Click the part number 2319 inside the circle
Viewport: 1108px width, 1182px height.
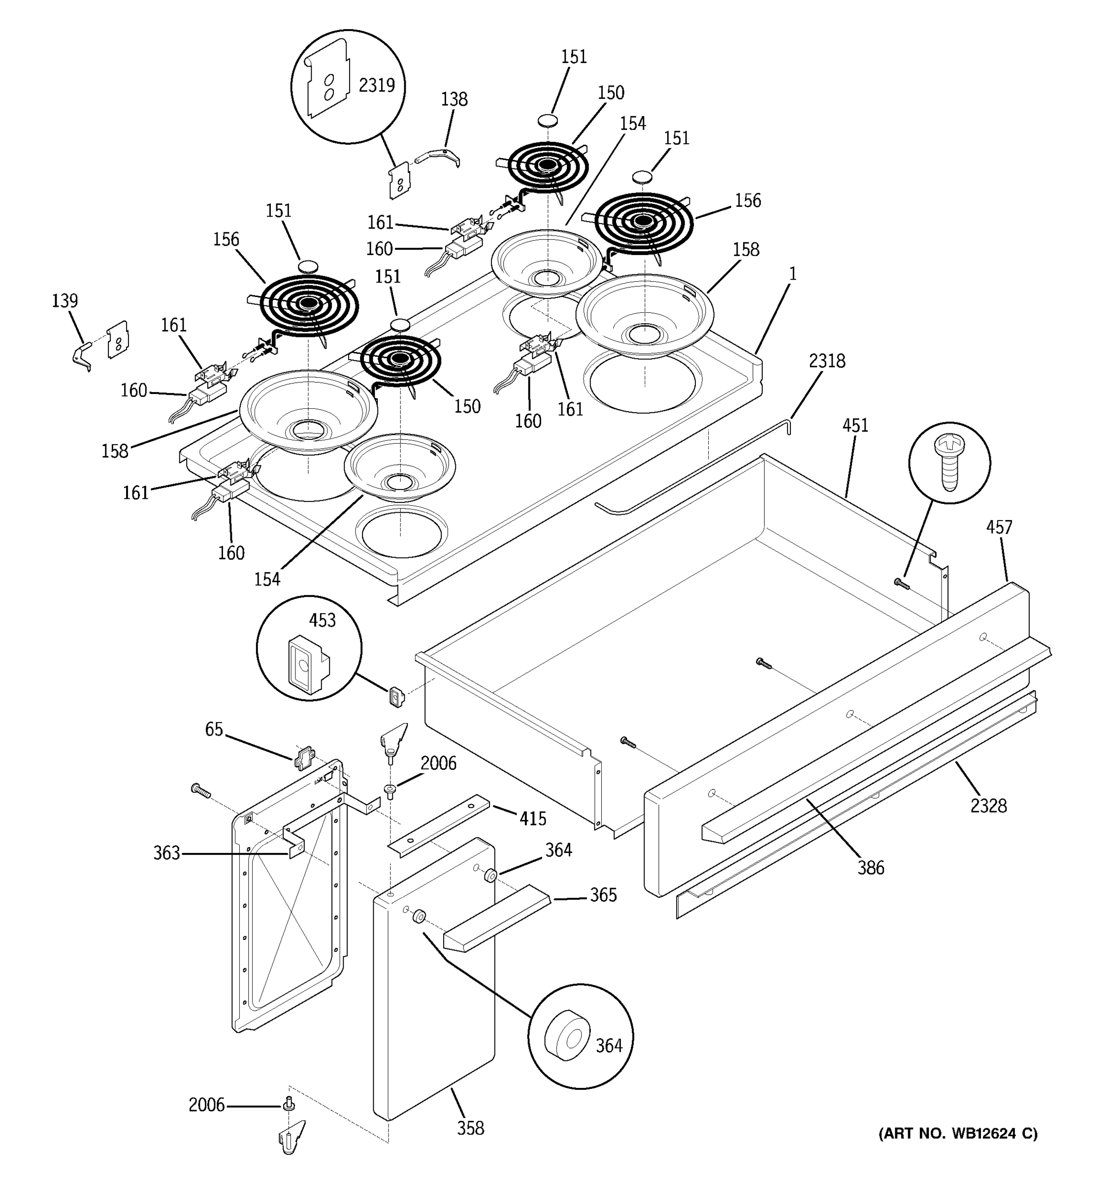(x=376, y=86)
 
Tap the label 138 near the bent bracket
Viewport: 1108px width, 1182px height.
(x=454, y=99)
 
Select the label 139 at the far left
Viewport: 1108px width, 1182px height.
(x=65, y=301)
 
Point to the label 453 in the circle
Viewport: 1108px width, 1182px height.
(x=322, y=621)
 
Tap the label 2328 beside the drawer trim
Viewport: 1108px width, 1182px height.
(x=988, y=806)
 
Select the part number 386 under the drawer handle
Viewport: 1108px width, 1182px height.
(x=870, y=868)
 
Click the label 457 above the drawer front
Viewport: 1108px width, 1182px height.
(x=999, y=527)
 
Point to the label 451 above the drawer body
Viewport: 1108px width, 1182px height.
(x=855, y=426)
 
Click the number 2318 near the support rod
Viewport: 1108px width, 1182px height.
(x=826, y=361)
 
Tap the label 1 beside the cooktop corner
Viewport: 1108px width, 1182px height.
(x=792, y=274)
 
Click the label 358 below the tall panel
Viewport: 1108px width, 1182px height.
(x=470, y=1128)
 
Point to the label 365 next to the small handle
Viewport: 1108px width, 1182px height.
(x=603, y=895)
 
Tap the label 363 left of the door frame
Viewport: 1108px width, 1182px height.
(x=166, y=853)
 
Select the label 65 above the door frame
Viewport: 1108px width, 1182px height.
(x=214, y=729)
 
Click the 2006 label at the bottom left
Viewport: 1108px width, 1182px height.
(x=206, y=1105)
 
